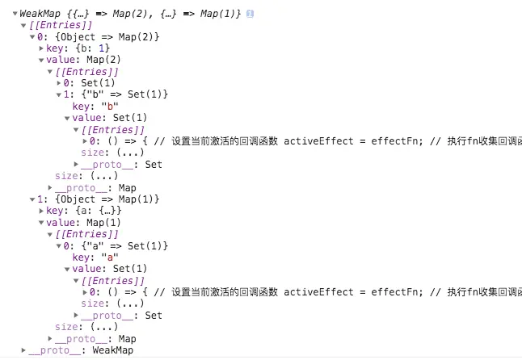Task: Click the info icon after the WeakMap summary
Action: (x=250, y=15)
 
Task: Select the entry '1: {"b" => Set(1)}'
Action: (x=116, y=94)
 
